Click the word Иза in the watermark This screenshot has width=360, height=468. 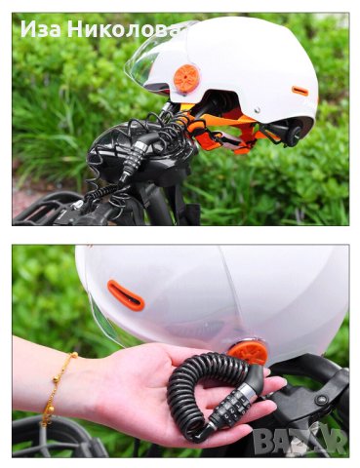[41, 29]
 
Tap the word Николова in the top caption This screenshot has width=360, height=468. [124, 29]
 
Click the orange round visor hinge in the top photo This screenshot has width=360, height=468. [185, 79]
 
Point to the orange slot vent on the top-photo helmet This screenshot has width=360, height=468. [300, 91]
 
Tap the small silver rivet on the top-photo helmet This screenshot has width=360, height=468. [258, 110]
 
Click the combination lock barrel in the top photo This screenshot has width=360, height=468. [135, 159]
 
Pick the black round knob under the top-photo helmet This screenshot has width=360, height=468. [296, 134]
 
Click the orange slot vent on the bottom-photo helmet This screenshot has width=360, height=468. [126, 295]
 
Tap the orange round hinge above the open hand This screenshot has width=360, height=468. [248, 352]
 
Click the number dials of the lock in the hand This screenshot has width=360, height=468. [229, 406]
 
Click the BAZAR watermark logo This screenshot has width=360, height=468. [299, 441]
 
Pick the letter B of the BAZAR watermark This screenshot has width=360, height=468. [263, 441]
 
